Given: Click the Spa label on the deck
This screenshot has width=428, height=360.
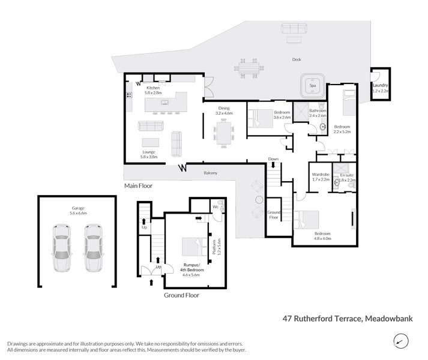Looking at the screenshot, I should click(312, 86).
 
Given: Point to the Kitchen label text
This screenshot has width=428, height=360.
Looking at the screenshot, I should click(154, 88).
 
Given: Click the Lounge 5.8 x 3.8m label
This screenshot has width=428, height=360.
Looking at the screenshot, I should click(149, 154).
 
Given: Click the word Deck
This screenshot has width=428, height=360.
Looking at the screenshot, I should click(296, 60).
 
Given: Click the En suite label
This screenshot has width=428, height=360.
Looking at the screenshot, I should click(347, 176).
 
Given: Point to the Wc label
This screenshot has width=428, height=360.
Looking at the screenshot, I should click(214, 207).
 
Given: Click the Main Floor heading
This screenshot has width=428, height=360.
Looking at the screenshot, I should click(138, 186).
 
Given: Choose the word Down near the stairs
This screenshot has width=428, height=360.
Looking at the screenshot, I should click(273, 159).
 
